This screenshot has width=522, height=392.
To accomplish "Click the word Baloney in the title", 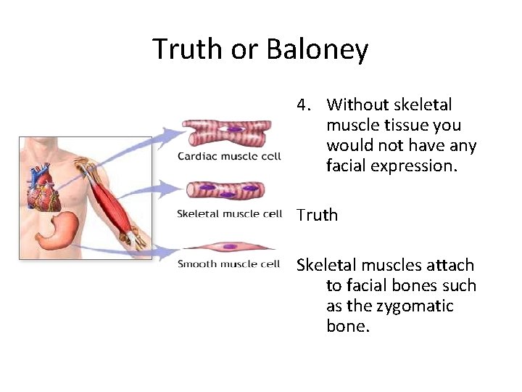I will click(x=318, y=49).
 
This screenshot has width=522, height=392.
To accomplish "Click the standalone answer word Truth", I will click(x=317, y=215).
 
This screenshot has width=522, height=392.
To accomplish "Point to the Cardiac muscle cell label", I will click(x=229, y=157).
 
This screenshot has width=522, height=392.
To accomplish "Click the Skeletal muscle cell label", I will click(x=229, y=213).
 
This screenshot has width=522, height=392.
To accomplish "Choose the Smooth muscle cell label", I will click(x=229, y=264).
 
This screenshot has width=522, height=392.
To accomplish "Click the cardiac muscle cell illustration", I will click(x=226, y=134).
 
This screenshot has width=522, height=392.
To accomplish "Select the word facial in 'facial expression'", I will click(x=346, y=166).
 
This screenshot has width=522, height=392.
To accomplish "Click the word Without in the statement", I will click(x=358, y=105).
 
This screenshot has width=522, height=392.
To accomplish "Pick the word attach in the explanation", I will click(x=450, y=265).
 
